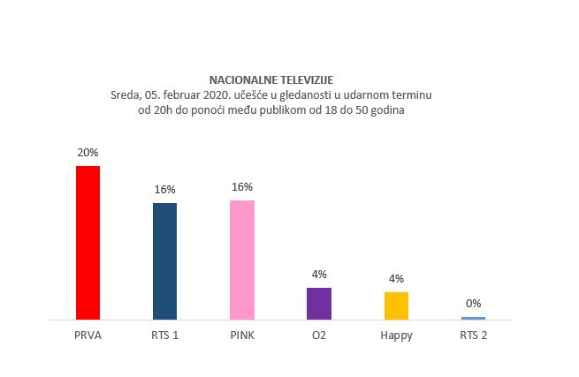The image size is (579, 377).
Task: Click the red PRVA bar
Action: point(88,242)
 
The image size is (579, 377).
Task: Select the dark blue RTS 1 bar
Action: point(164,260)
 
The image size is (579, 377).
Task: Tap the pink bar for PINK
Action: point(241,260)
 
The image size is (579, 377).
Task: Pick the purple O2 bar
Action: point(318,303)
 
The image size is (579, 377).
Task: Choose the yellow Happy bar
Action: point(396,305)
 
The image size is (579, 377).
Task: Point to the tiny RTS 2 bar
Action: point(473,317)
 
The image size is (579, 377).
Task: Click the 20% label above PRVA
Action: point(88,152)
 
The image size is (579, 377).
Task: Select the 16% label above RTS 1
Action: point(164,189)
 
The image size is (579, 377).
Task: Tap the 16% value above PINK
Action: point(241,186)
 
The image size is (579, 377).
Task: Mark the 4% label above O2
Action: point(318,274)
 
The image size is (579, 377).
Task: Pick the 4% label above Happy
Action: point(396,278)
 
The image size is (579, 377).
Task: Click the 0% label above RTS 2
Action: point(473,303)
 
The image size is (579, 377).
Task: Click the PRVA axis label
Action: point(88,336)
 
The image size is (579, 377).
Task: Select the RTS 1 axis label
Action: point(164,336)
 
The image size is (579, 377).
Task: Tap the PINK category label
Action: point(241,336)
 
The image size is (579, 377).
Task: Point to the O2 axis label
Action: point(318,336)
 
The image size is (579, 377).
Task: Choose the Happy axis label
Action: point(396,336)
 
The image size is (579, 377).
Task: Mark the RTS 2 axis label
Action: point(473,336)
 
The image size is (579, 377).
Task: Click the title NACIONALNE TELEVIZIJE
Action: point(271,79)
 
